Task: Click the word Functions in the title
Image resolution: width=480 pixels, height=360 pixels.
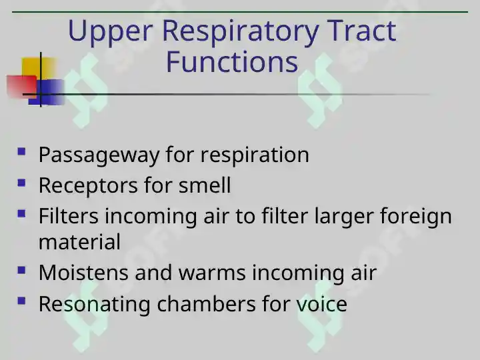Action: [232, 61]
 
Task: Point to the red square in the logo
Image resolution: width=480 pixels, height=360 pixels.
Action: [21, 86]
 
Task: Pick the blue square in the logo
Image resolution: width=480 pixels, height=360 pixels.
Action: [47, 92]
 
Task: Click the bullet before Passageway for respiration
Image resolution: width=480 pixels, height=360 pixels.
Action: [21, 151]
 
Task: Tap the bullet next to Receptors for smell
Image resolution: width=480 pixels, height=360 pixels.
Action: [21, 183]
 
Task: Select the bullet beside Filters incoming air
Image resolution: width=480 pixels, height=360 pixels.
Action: [21, 213]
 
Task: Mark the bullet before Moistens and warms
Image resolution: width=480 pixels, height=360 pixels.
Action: [21, 270]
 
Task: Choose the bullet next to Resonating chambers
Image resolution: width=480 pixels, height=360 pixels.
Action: [21, 301]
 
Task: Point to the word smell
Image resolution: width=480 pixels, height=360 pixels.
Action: [205, 185]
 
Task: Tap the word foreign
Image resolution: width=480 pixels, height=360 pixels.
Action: [416, 217]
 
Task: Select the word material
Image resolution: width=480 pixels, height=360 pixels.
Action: [79, 241]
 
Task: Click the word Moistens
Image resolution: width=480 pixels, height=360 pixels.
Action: [83, 272]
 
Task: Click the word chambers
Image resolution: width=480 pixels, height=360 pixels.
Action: [206, 304]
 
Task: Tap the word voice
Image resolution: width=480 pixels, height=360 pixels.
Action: [321, 304]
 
